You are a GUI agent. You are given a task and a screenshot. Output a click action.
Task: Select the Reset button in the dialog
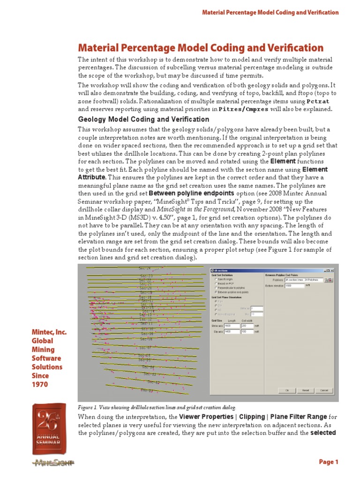[x=305, y=390]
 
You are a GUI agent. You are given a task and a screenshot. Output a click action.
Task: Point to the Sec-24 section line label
[x=145, y=268]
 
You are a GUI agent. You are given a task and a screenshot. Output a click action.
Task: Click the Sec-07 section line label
[x=145, y=348]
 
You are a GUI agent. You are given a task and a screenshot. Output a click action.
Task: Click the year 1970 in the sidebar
[x=40, y=384]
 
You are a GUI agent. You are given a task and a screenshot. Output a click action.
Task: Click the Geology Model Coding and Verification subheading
[x=143, y=120]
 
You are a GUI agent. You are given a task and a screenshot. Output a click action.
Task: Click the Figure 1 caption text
[x=157, y=408]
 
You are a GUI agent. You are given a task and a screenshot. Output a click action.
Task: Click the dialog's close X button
[x=332, y=270]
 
